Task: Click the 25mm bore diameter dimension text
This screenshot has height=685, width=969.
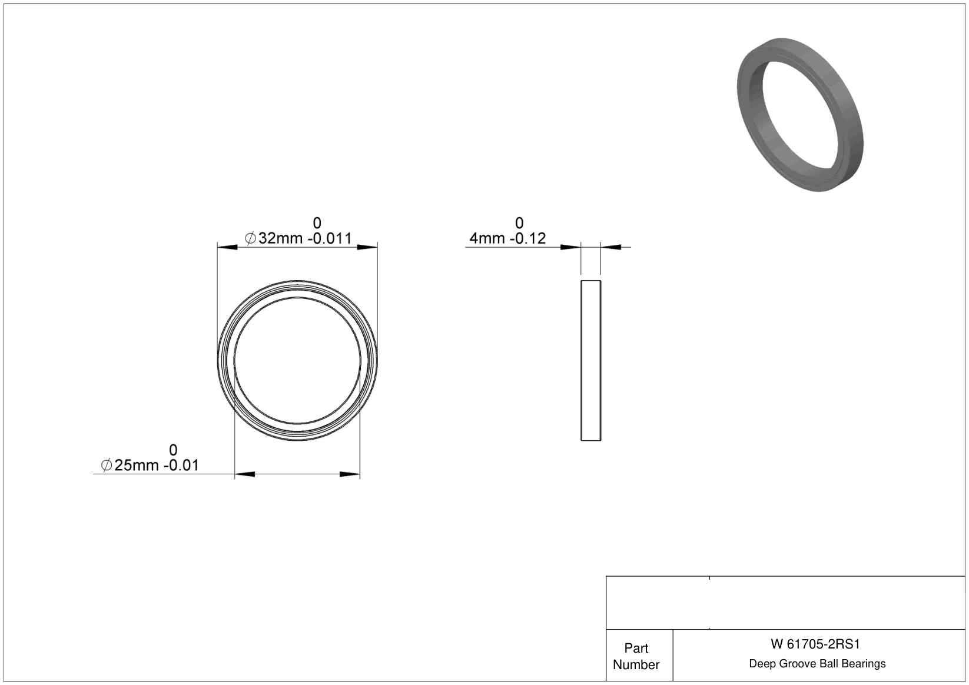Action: click(137, 465)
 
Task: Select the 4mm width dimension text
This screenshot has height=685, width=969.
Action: click(487, 238)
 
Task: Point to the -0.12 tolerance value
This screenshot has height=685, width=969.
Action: click(528, 238)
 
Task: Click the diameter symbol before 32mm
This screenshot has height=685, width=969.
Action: click(250, 238)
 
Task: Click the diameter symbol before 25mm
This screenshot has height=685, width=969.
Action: click(107, 465)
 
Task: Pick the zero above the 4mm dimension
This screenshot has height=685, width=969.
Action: click(519, 223)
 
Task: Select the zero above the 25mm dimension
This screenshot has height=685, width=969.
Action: click(173, 450)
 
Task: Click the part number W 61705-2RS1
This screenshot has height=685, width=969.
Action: click(815, 644)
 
